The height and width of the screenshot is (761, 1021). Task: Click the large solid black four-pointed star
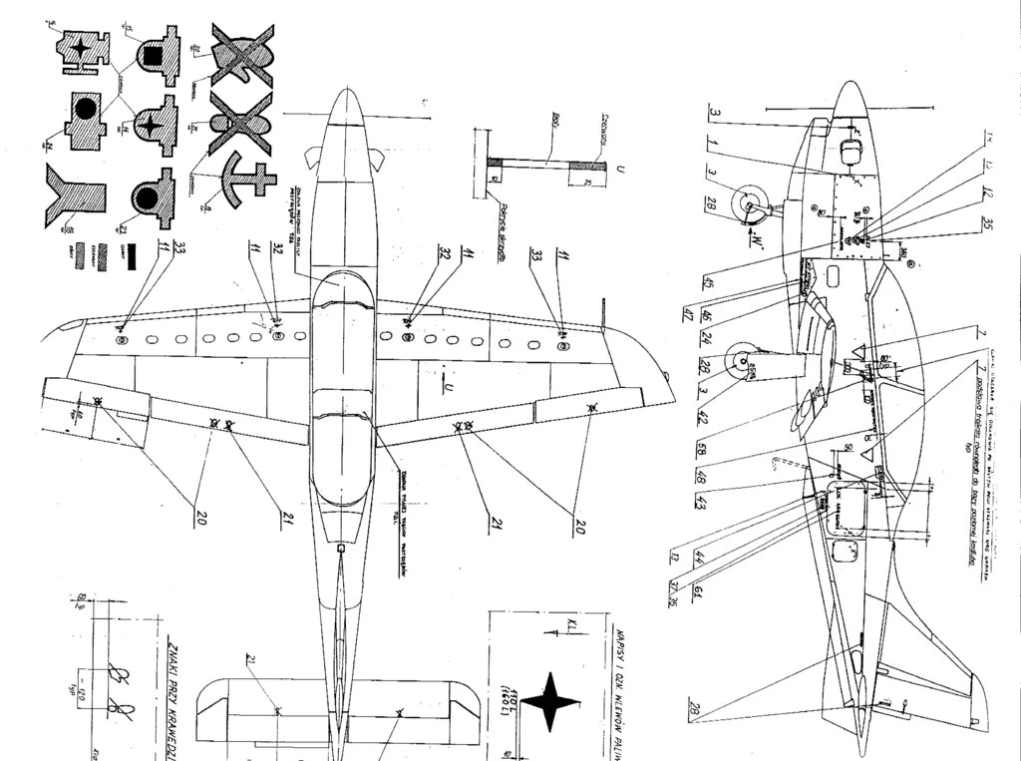point(549,701)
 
